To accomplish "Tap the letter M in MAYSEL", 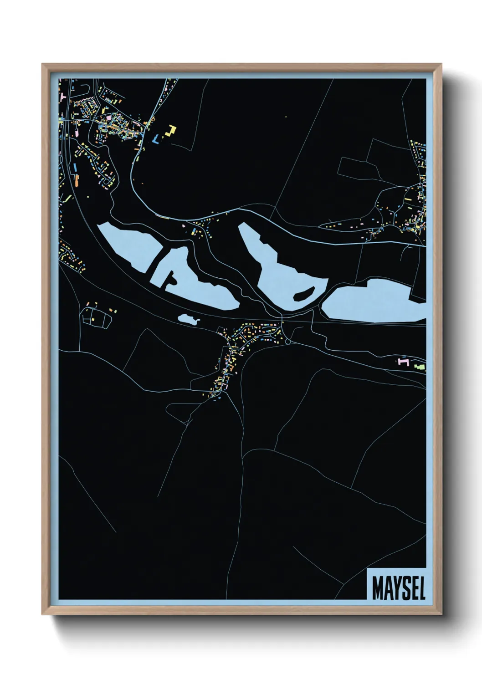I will (x=377, y=588).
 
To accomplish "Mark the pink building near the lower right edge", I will (x=403, y=361).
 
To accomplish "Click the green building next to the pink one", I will (x=419, y=366).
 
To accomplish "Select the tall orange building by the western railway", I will (x=74, y=167).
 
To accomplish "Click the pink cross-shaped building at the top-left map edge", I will (x=62, y=97).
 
